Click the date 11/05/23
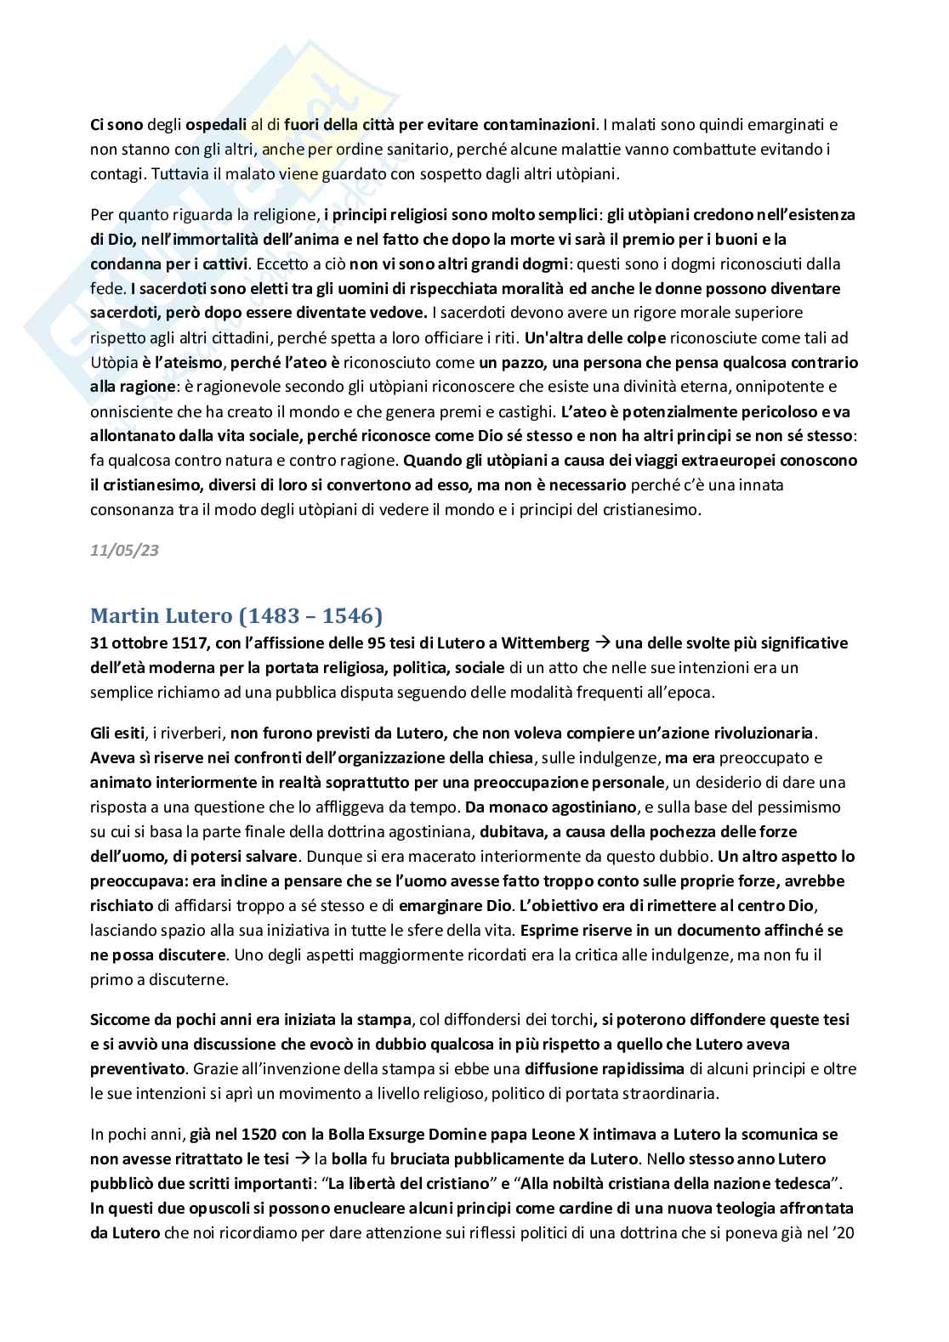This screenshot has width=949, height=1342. [124, 551]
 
